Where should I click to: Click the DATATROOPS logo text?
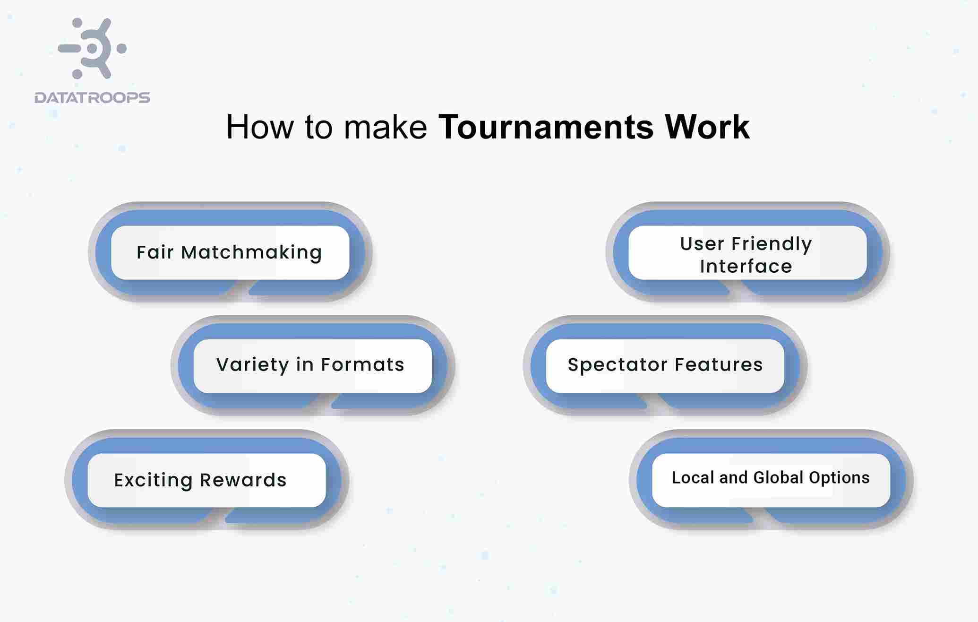pos(92,98)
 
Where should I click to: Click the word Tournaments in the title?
pos(546,127)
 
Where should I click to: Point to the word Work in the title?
pos(707,127)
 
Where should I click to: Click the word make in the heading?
pos(385,127)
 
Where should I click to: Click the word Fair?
pos(154,252)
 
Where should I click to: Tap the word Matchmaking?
pos(251,252)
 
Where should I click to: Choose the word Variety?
pos(252,365)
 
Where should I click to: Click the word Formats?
pos(362,365)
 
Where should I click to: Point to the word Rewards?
pos(243,480)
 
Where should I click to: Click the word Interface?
pos(746,267)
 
